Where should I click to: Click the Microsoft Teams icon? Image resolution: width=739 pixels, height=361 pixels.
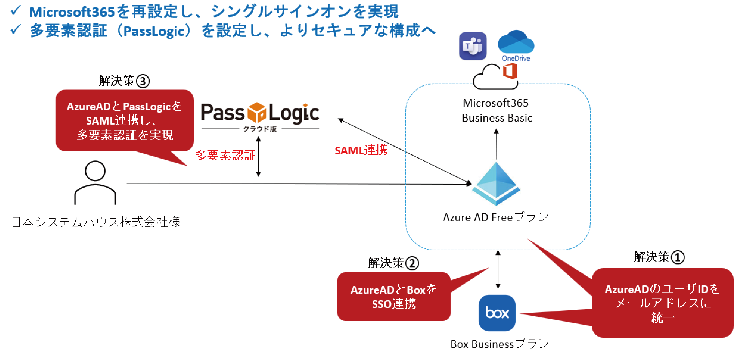[473, 46]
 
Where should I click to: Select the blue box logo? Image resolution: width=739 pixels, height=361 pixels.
[497, 313]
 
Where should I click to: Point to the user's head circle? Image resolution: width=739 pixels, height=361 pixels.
[95, 171]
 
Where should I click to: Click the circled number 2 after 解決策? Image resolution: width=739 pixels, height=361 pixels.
[412, 263]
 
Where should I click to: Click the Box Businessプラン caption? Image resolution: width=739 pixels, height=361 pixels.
[499, 344]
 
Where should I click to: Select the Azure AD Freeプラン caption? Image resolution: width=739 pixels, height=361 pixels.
[496, 217]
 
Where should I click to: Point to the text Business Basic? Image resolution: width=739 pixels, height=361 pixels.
[497, 118]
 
